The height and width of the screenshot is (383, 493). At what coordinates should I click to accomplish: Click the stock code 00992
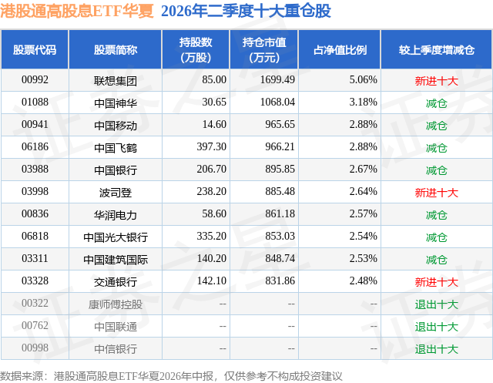(35, 80)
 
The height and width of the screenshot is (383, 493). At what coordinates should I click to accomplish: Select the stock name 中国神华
(116, 102)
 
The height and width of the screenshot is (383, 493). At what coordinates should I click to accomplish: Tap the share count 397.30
(212, 147)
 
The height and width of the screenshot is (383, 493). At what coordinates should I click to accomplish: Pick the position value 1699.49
(277, 80)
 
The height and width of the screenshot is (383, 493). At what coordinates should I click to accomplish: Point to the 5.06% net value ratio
(363, 80)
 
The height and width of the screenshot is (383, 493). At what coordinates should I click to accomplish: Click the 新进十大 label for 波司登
(437, 193)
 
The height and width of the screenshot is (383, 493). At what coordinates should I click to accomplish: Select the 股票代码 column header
(35, 49)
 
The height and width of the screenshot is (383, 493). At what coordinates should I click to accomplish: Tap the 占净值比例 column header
(340, 49)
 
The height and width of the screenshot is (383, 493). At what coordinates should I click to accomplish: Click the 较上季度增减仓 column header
(437, 49)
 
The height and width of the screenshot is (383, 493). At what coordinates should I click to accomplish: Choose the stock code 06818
(35, 236)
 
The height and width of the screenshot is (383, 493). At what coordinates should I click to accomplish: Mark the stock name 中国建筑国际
(116, 260)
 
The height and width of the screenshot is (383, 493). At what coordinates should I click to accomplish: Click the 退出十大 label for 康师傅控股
(437, 304)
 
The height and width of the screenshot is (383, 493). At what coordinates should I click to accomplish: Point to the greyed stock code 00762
(35, 325)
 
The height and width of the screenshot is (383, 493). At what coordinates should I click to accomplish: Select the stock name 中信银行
(116, 349)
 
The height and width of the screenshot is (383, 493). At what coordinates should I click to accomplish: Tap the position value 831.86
(280, 281)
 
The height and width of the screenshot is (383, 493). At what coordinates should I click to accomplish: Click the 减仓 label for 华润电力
(437, 215)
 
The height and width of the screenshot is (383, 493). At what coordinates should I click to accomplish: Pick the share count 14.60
(214, 125)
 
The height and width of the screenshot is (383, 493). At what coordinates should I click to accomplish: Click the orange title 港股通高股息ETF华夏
(77, 11)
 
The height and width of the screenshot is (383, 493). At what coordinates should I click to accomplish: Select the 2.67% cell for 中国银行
(363, 170)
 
